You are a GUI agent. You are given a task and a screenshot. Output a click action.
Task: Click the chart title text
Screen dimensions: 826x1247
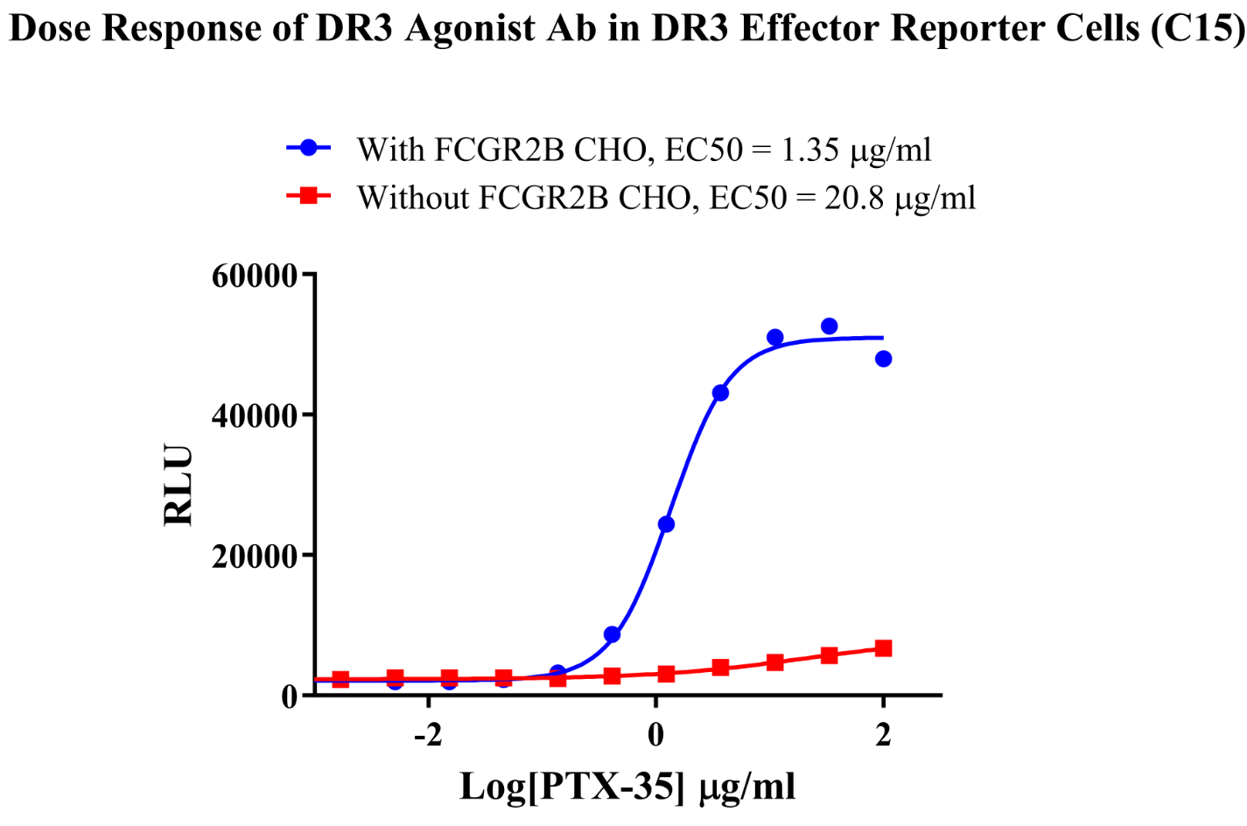point(623,28)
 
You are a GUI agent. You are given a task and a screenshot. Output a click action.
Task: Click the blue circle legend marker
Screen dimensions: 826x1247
point(308,148)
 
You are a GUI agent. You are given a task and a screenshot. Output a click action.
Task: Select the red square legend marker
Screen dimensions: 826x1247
point(308,196)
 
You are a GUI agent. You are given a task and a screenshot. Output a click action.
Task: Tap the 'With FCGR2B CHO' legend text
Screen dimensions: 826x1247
point(643,150)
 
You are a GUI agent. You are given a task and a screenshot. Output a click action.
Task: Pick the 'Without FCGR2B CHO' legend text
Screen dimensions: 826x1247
point(666,198)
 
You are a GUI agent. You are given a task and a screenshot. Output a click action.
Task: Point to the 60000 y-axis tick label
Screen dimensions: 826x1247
point(255,276)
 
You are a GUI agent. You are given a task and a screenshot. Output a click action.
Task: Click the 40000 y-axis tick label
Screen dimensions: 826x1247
point(255,416)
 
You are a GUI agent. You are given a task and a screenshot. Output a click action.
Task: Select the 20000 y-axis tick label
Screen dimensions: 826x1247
point(255,556)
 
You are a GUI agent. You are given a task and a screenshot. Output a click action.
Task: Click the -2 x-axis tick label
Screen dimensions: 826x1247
point(427,735)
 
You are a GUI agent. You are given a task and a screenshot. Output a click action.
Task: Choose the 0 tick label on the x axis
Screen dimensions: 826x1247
point(655,735)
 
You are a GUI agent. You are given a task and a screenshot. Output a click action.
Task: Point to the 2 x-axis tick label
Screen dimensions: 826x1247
point(883,735)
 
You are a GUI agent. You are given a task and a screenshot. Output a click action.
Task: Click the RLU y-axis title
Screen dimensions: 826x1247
point(179,486)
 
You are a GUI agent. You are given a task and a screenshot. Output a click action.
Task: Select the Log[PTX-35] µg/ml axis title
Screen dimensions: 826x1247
point(627,787)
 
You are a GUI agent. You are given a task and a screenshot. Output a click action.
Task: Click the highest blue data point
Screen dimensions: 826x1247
point(829,326)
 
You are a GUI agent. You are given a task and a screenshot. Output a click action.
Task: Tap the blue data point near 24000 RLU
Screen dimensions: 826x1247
point(666,524)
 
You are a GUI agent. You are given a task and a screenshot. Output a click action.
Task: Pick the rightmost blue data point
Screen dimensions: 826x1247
point(883,359)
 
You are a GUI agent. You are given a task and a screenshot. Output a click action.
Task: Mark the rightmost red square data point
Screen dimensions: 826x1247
point(883,648)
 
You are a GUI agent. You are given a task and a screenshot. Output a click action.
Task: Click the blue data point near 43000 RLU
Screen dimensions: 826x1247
point(720,393)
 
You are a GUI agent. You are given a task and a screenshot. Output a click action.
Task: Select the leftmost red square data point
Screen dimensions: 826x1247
point(341,679)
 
